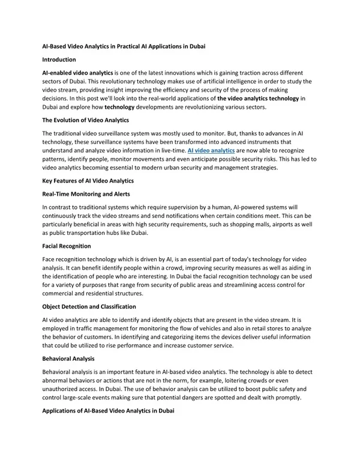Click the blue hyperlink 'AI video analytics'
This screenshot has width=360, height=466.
[211, 151]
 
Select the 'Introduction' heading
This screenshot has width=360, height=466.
[59, 59]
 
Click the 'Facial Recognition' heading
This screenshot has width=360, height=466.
[67, 246]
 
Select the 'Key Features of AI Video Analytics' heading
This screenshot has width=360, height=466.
[88, 181]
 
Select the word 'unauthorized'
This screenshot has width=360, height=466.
[64, 390]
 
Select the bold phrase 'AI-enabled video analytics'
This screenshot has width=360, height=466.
[77, 72]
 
